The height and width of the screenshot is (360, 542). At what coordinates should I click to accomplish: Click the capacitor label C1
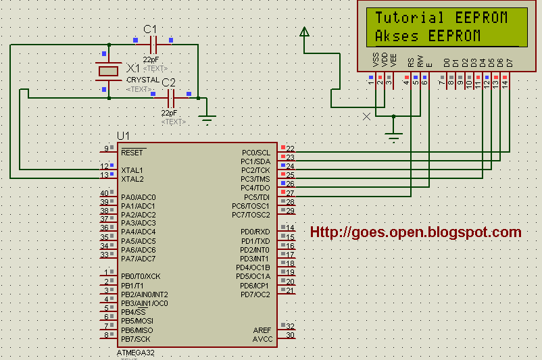150,29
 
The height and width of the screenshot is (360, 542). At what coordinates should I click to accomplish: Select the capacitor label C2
168,82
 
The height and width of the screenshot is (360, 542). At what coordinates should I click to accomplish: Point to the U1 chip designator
123,136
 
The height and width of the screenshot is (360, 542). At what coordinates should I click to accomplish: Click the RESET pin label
132,153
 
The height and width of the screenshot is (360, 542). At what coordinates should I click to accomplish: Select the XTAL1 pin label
132,170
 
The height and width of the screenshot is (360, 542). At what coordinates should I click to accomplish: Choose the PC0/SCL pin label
255,153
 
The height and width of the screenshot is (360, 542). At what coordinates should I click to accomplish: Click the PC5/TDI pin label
255,197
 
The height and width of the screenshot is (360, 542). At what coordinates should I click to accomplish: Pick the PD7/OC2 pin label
255,294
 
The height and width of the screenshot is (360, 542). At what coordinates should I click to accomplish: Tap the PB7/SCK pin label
136,338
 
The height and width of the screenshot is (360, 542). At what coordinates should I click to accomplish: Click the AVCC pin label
262,338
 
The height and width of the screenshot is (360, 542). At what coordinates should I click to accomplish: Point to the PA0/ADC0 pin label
138,197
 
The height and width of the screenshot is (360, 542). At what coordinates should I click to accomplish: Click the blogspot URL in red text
416,232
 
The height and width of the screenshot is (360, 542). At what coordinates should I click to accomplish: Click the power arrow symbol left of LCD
304,31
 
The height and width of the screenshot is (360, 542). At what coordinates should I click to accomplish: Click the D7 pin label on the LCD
510,63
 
